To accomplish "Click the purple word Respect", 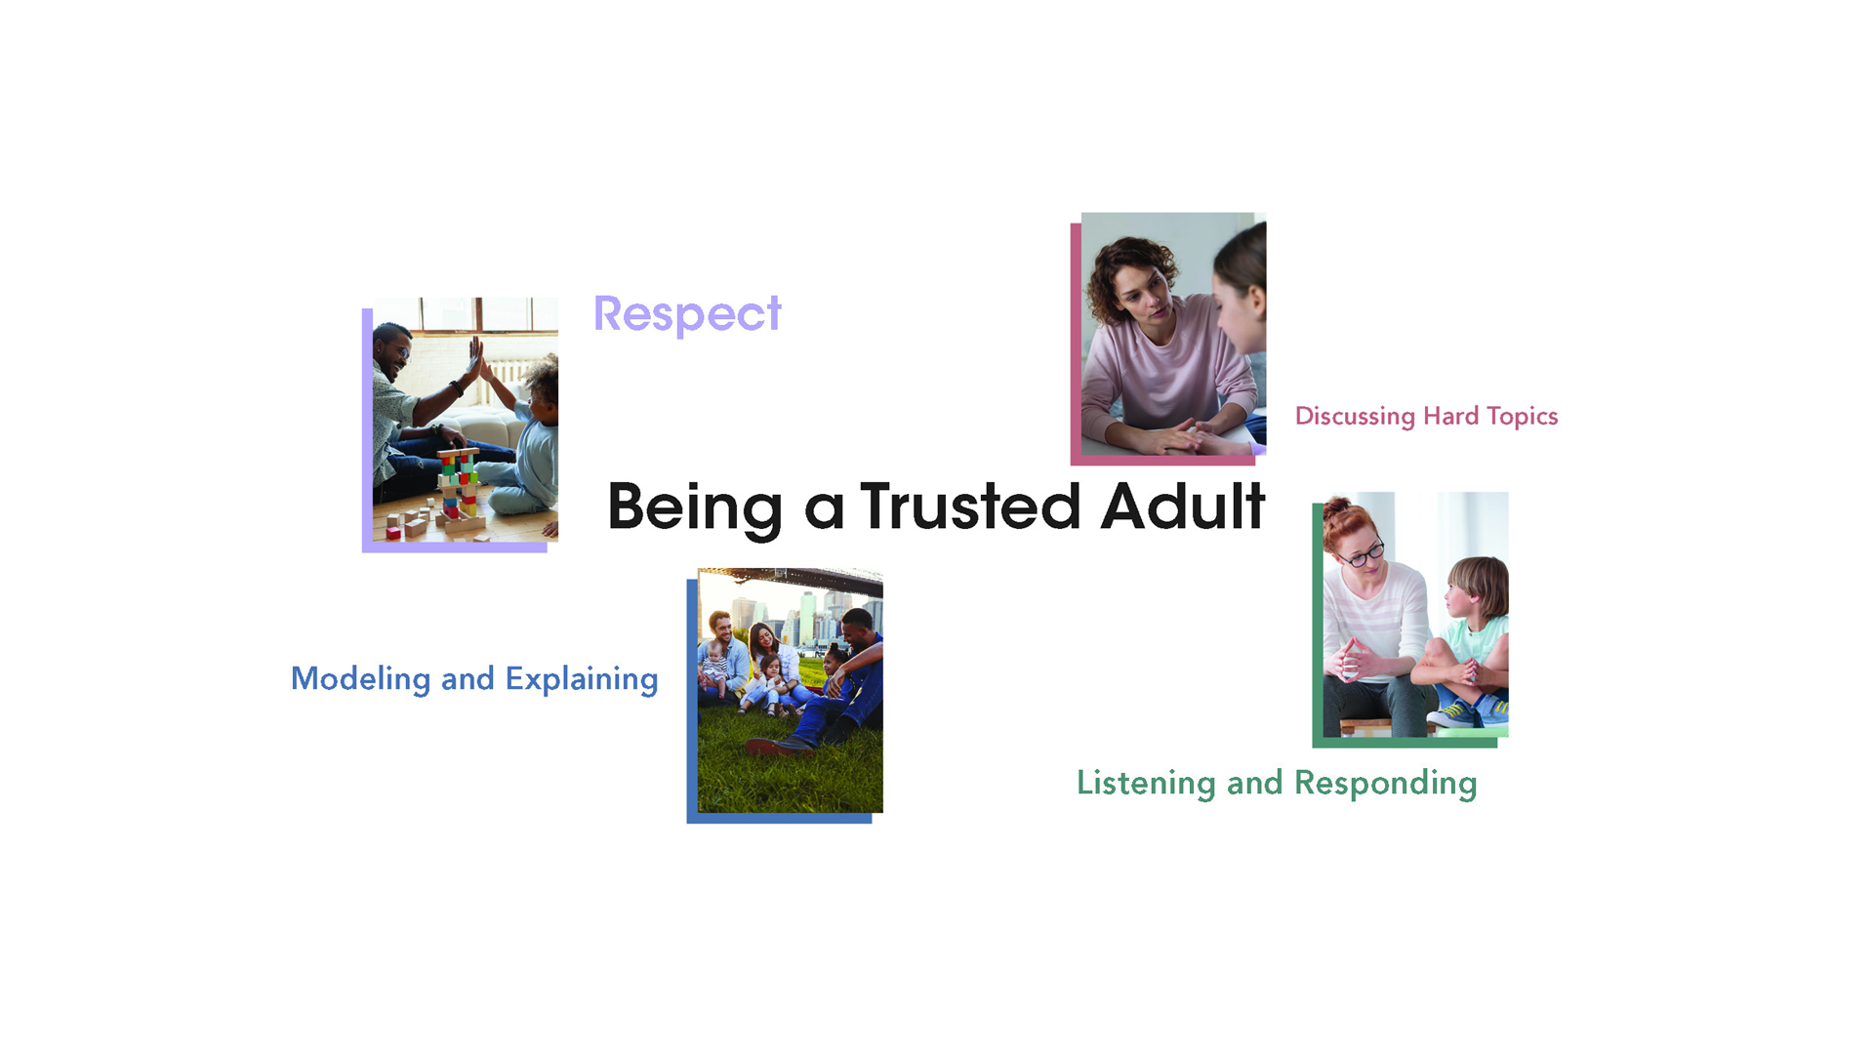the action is coord(687,315).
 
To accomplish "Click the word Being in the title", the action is coord(695,508).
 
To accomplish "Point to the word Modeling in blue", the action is coord(360,678).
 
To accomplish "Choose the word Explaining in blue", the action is coord(582,679).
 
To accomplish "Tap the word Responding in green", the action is coord(1385,784).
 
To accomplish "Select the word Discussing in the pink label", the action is coord(1355,417).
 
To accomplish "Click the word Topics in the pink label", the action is coord(1523,417).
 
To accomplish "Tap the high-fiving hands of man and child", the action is coord(478,358).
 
